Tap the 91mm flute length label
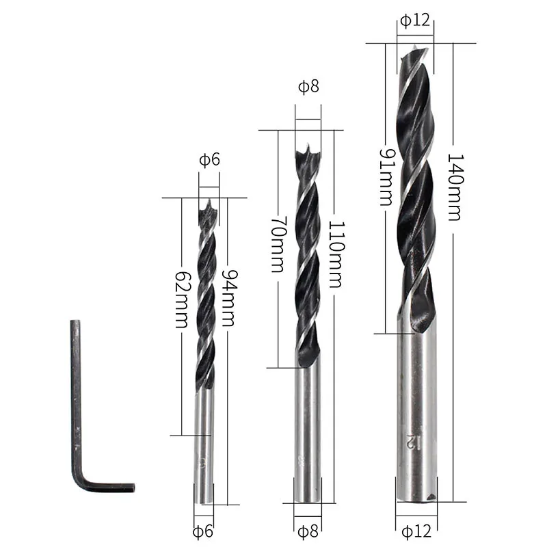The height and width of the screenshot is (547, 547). click(386, 177)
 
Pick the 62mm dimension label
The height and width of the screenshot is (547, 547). click(183, 299)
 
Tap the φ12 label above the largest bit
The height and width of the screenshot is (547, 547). click(415, 21)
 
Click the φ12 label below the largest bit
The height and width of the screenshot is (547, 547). click(416, 531)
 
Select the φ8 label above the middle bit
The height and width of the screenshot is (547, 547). click(309, 86)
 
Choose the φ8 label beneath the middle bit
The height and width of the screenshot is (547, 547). click(308, 531)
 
